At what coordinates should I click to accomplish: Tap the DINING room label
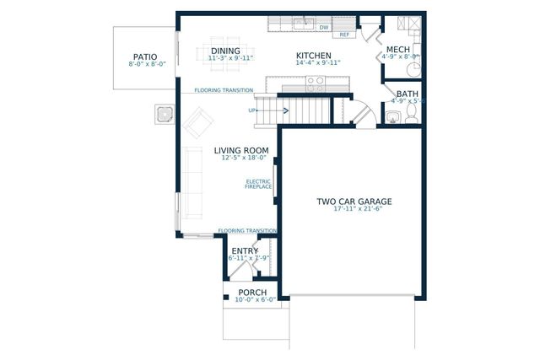[x=225, y=51]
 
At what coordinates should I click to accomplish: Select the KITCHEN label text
[x=311, y=55]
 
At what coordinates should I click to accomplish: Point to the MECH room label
[x=397, y=51]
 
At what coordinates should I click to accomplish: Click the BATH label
[x=408, y=94]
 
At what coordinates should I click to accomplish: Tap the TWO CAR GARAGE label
[x=354, y=201]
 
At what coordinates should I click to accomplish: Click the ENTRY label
[x=245, y=250]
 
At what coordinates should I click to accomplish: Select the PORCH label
[x=252, y=293]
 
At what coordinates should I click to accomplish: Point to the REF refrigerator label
[x=344, y=35]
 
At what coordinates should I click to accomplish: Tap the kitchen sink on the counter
[x=302, y=23]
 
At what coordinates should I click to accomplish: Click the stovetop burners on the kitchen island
[x=315, y=83]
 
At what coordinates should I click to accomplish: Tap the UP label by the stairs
[x=251, y=110]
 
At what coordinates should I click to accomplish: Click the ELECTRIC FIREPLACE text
[x=258, y=184]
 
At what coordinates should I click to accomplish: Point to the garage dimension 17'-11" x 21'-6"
[x=354, y=209]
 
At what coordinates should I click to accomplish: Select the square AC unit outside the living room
[x=164, y=113]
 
